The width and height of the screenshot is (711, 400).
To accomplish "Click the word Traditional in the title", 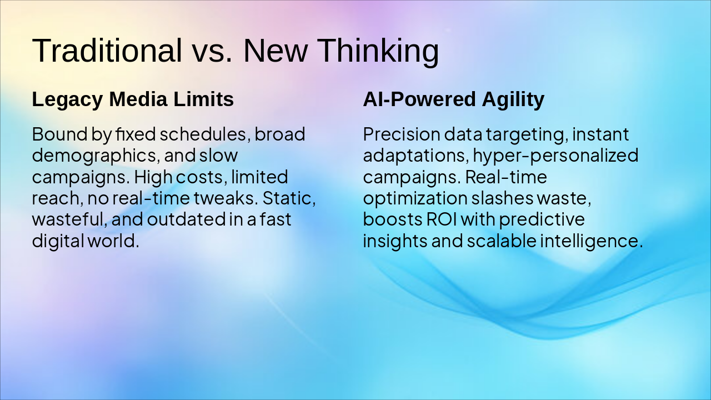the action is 107,50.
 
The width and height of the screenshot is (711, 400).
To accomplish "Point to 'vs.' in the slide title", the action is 213,54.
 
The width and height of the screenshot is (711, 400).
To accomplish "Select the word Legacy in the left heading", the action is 67,99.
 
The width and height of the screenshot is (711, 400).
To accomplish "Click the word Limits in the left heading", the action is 203,99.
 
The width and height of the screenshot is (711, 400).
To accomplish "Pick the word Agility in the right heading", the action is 513,99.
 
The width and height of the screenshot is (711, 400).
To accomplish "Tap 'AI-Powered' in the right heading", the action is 419,99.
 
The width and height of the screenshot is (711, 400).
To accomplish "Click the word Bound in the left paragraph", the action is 59,134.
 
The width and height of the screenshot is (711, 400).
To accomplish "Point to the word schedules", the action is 203,134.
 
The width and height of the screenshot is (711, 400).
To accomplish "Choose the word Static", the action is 289,198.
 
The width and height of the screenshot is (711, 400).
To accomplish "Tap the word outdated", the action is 186,219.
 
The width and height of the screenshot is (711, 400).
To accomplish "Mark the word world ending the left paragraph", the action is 113,241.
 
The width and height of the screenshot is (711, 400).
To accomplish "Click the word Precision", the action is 402,134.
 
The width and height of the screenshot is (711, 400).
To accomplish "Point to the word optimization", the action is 415,199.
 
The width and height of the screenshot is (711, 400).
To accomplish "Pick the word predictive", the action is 542,220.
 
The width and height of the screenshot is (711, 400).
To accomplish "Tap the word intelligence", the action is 592,241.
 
